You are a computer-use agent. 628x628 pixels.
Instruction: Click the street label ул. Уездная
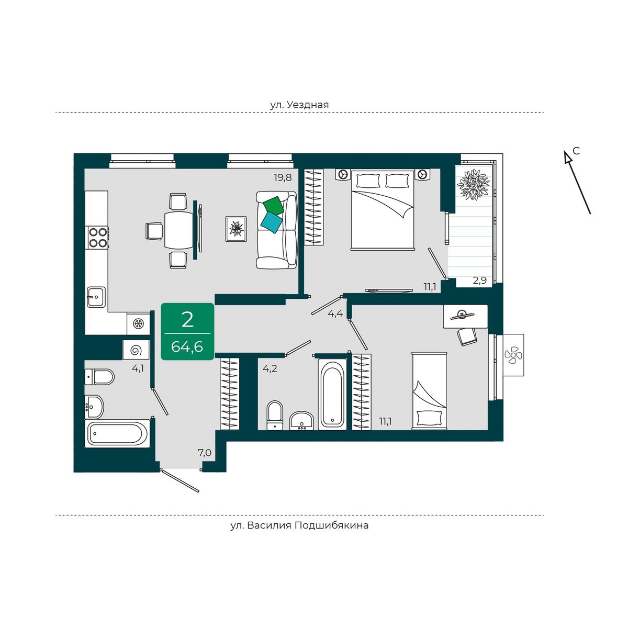[x=299, y=105]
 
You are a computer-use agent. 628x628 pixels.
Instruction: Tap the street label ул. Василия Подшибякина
[x=299, y=525]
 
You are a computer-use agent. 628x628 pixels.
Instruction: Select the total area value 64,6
[x=187, y=346]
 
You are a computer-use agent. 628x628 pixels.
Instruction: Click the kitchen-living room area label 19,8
[x=283, y=177]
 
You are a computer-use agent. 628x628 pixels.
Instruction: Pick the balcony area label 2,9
[x=480, y=281]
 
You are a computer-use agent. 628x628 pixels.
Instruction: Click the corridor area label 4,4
[x=335, y=313]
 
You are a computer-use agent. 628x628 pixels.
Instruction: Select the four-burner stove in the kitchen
[x=98, y=237]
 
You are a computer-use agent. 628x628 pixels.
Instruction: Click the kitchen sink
[x=96, y=297]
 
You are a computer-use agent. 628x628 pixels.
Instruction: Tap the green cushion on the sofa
[x=273, y=206]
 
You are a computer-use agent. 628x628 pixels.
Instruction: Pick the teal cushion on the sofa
[x=272, y=222]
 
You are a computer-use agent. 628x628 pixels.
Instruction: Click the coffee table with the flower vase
[x=236, y=229]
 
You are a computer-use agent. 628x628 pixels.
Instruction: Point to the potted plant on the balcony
[x=473, y=184]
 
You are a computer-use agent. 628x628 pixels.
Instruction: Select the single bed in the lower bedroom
[x=429, y=391]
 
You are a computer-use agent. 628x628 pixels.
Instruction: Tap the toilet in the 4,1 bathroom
[x=99, y=377]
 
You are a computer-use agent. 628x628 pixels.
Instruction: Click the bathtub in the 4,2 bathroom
[x=332, y=395]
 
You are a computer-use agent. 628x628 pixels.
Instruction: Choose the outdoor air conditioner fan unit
[x=513, y=355]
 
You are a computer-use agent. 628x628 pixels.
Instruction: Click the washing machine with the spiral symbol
[x=136, y=350]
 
